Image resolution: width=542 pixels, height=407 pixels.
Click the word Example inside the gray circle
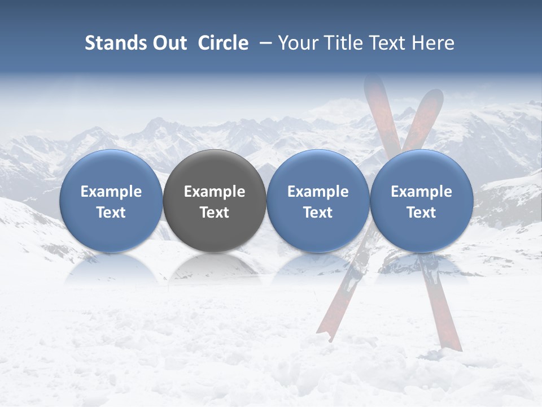pyautogui.click(x=215, y=192)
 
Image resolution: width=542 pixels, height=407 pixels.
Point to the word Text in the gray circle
pyautogui.click(x=215, y=213)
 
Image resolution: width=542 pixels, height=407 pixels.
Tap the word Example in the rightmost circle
pyautogui.click(x=421, y=192)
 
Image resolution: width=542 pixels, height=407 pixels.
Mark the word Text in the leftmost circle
pyautogui.click(x=111, y=213)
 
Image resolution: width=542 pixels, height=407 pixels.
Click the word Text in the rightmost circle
pyautogui.click(x=421, y=213)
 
